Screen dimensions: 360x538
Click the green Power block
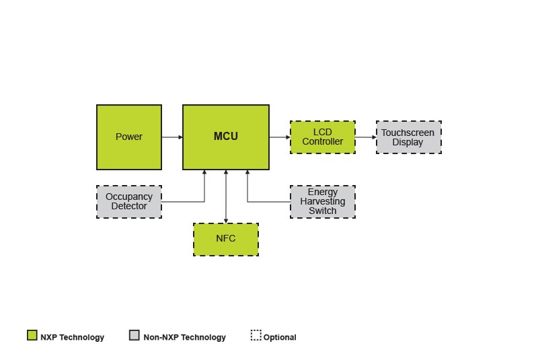pyautogui.click(x=129, y=137)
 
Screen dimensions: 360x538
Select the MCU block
pyautogui.click(x=226, y=137)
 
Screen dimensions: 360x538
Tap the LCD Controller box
pyautogui.click(x=323, y=137)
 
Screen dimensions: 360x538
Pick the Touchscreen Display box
pyautogui.click(x=408, y=137)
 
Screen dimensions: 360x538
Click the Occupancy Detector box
pyautogui.click(x=129, y=202)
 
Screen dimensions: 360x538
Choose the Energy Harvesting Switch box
pyautogui.click(x=323, y=202)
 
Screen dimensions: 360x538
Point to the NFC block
pyautogui.click(x=226, y=239)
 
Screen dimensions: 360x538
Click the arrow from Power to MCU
pyautogui.click(x=172, y=137)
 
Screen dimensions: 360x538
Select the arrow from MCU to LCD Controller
pyautogui.click(x=280, y=137)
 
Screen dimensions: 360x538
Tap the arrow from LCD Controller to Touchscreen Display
pyautogui.click(x=366, y=137)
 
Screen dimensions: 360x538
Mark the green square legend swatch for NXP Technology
pyautogui.click(x=32, y=335)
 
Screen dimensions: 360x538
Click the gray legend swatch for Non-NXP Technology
pyautogui.click(x=134, y=335)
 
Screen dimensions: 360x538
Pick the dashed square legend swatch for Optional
pyautogui.click(x=256, y=335)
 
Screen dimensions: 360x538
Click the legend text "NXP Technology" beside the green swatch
pyautogui.click(x=72, y=337)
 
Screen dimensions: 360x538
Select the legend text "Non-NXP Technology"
pyautogui.click(x=184, y=337)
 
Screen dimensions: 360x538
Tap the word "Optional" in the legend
pyautogui.click(x=280, y=337)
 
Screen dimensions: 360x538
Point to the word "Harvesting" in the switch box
pyautogui.click(x=323, y=201)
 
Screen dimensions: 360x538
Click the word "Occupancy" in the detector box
pyautogui.click(x=129, y=197)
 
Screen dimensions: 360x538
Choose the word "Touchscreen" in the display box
pyautogui.click(x=408, y=133)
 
